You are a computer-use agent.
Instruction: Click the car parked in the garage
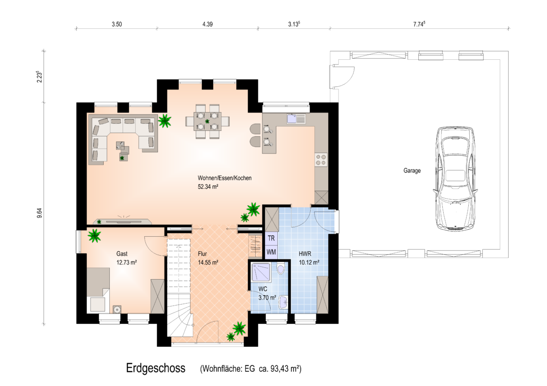pos(455,179)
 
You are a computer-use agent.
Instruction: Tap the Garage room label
pos(412,171)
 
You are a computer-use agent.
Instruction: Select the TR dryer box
pos(271,239)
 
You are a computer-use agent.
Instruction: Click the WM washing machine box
pos(271,252)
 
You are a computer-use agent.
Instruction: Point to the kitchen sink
pos(296,119)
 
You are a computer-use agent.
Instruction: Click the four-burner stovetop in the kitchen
pos(321,160)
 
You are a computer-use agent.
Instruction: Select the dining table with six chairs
pos(207,121)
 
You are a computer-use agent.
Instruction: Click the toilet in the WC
pos(281,269)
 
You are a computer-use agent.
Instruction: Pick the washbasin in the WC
pos(283,302)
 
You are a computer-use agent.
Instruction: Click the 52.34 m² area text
pos(208,187)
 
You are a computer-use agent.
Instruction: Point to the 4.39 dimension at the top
pos(207,24)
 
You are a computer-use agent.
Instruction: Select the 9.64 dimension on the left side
pos(40,213)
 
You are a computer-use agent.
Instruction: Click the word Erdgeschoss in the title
pos(156,368)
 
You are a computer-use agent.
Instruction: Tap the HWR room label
pos(305,254)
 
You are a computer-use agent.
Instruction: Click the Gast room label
pos(122,254)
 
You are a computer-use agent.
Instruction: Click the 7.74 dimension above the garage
pos(419,24)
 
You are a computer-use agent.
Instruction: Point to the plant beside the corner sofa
pos(165,121)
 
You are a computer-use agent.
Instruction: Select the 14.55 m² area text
pos(208,263)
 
